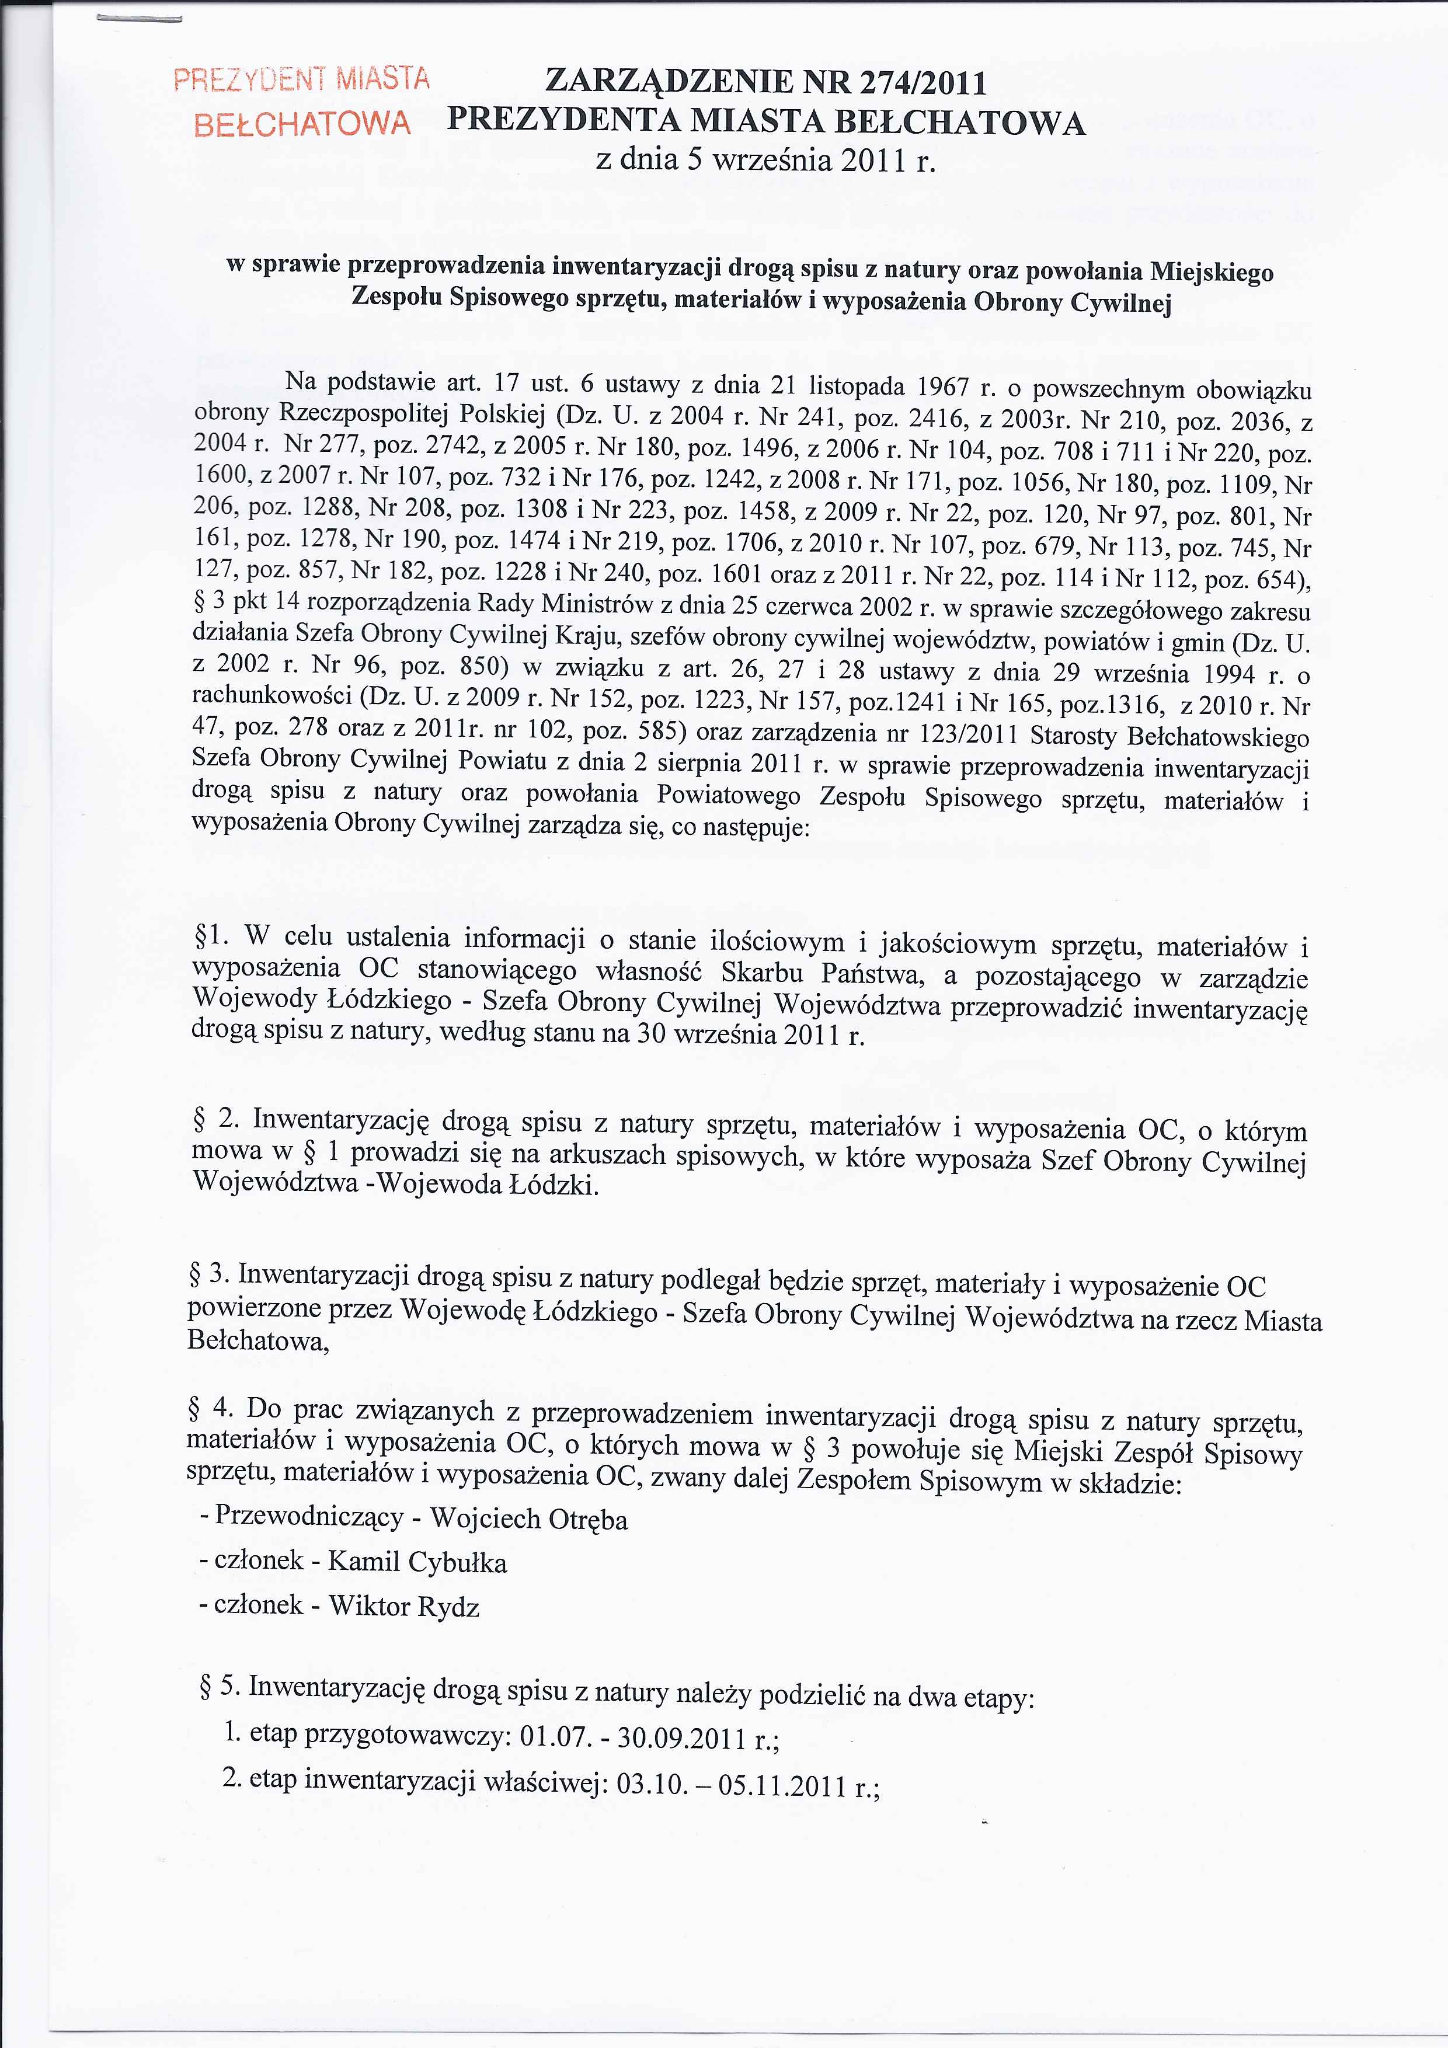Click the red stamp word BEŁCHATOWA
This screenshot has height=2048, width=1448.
[302, 123]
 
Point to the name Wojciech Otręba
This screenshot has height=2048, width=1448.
[529, 1519]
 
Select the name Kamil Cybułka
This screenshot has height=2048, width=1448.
[417, 1562]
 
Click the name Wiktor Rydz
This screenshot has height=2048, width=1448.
[404, 1605]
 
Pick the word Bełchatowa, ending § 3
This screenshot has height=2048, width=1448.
[259, 1340]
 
